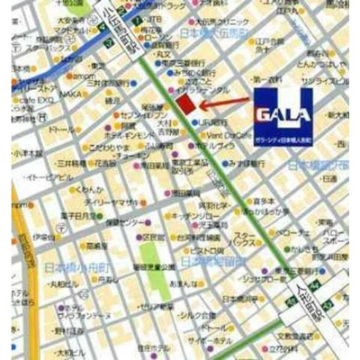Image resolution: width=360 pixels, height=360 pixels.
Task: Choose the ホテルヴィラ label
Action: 216,146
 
